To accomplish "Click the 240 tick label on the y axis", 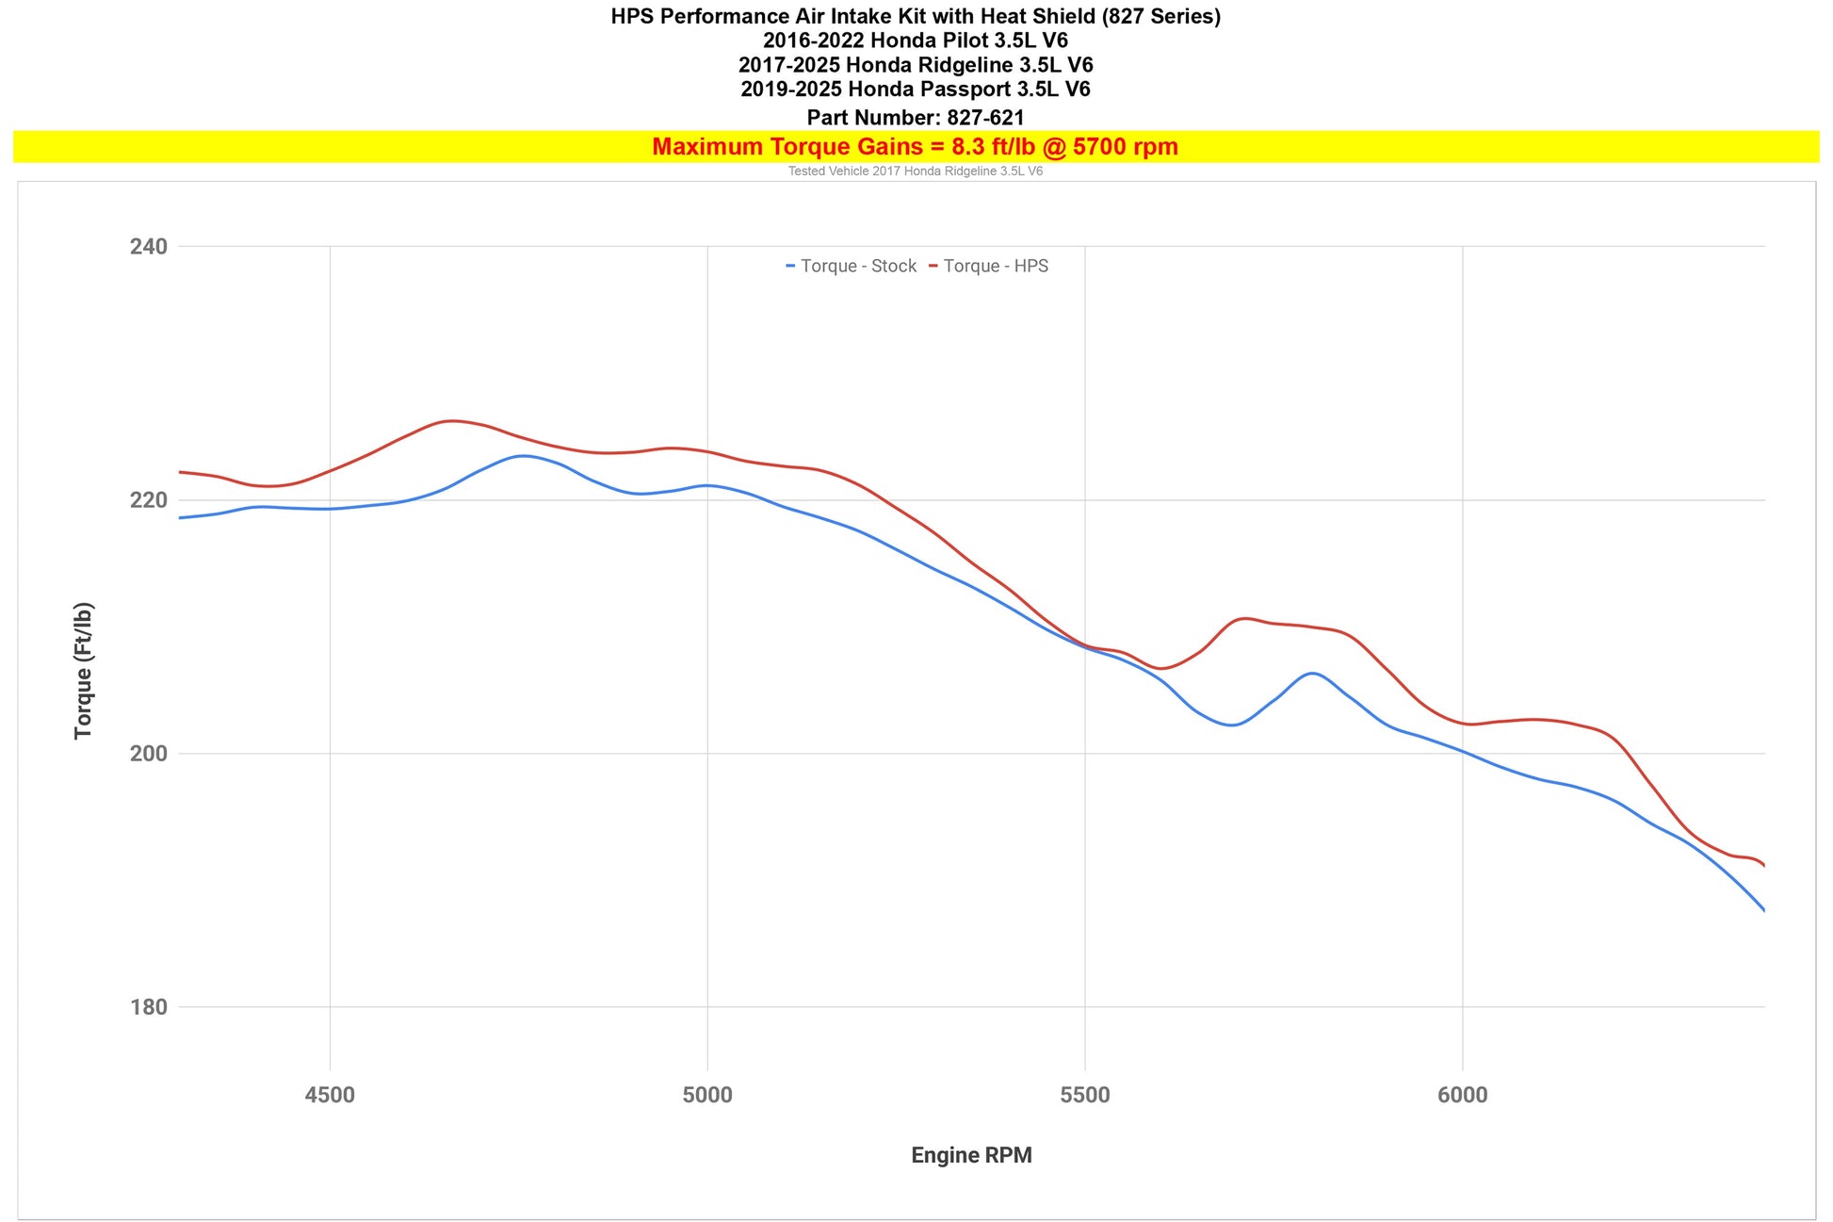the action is click(148, 247).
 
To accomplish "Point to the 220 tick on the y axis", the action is click(148, 500).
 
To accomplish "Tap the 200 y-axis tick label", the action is click(148, 754).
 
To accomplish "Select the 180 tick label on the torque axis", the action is click(148, 1007).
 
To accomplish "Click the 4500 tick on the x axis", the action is click(330, 1095).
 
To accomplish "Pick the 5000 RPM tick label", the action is click(707, 1095).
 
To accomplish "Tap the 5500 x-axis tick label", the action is click(1085, 1095).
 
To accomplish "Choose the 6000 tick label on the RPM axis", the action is click(1463, 1095).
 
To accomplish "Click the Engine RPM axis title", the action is click(971, 1155).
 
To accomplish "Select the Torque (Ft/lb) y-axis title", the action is click(84, 671).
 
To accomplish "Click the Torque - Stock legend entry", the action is click(852, 266).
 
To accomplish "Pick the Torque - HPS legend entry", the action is click(989, 266).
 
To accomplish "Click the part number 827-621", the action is click(985, 118).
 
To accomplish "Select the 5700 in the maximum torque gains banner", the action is click(1099, 147).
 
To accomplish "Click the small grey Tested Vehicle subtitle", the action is click(916, 171).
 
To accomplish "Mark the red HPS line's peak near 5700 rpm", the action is click(1243, 618).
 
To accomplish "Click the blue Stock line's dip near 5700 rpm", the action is click(1230, 725).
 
